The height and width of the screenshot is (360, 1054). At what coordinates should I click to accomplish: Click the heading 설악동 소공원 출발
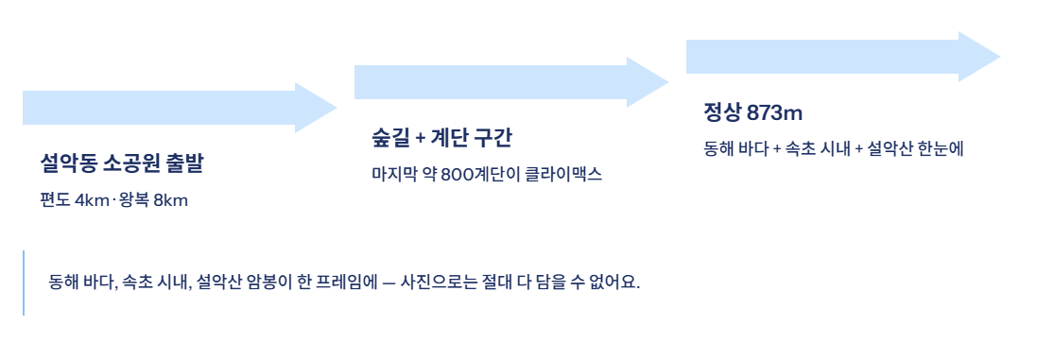(x=121, y=163)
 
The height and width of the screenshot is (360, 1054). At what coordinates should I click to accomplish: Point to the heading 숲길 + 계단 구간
(x=441, y=138)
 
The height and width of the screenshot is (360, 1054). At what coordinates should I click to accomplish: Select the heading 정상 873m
(x=752, y=112)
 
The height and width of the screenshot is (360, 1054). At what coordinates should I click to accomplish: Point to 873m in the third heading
(x=774, y=112)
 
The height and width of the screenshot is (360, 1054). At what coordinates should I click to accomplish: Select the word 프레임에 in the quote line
(x=351, y=283)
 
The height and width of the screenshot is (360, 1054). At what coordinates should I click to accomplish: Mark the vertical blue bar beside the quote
(x=24, y=283)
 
